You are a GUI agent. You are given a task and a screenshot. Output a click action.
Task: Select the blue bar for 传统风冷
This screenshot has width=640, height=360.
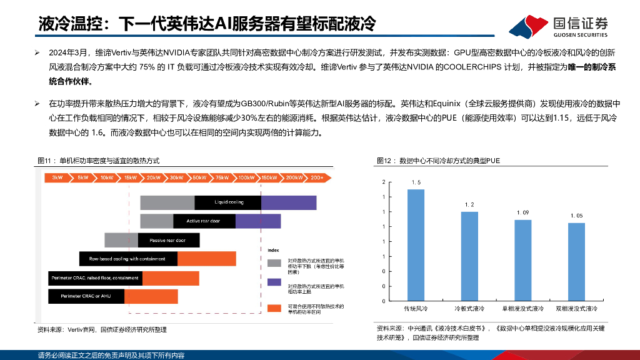(x=416, y=244)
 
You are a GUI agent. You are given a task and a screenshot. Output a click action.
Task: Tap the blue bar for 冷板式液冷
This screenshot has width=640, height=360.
(x=469, y=256)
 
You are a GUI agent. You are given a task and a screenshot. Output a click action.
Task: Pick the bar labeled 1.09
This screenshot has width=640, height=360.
(x=522, y=260)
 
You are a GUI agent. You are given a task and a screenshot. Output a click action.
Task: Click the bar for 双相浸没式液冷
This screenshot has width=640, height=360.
(x=576, y=261)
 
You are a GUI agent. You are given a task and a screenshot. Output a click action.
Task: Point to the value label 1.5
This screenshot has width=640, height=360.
(x=416, y=182)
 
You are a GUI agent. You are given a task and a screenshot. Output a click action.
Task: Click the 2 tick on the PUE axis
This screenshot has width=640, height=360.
(x=384, y=182)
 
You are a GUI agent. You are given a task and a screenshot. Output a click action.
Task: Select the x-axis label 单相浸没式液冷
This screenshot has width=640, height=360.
(x=522, y=309)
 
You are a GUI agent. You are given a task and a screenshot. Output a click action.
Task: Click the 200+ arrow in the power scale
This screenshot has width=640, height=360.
(x=316, y=178)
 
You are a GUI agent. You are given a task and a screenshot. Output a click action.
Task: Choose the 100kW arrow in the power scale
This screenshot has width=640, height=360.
(x=246, y=178)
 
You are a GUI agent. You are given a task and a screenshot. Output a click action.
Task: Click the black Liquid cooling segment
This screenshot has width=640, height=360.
(x=228, y=202)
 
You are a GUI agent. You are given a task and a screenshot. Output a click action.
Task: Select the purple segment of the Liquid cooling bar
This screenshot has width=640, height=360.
(x=288, y=202)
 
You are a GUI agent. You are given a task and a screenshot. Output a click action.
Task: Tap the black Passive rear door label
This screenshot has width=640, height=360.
(x=167, y=240)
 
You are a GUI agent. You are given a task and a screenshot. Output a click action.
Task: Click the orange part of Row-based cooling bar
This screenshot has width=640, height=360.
(x=207, y=259)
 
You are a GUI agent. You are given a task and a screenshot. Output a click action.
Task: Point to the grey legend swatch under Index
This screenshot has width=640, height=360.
(x=274, y=263)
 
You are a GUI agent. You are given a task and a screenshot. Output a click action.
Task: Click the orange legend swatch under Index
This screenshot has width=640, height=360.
(x=274, y=308)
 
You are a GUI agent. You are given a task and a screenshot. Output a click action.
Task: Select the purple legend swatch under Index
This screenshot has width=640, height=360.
(x=274, y=282)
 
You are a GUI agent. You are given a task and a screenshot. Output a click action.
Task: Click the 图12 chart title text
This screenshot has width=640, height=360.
(x=438, y=161)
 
